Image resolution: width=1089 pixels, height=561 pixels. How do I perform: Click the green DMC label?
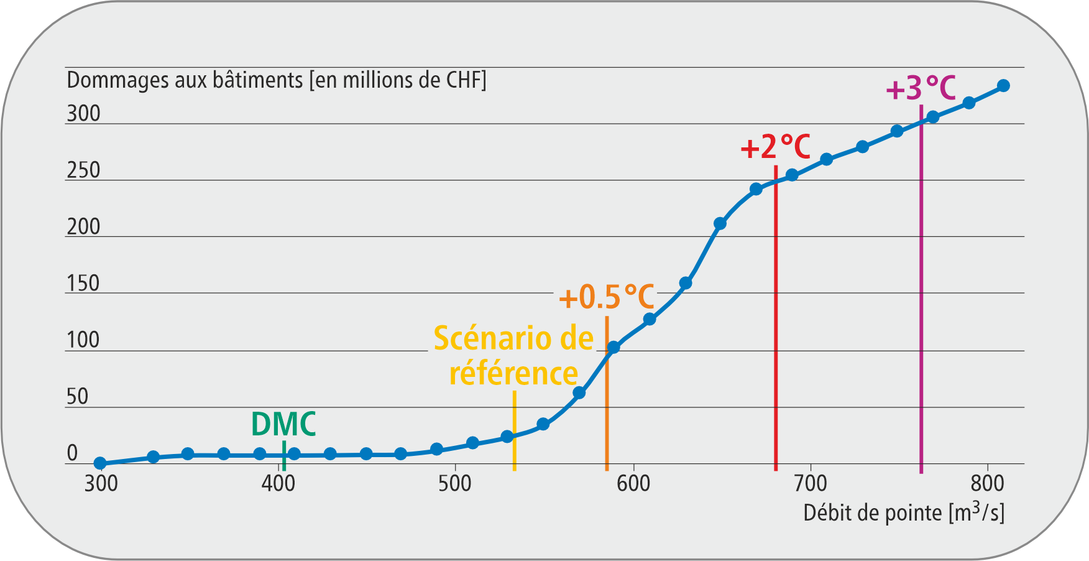(283, 424)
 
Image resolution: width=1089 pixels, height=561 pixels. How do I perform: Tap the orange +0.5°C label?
(606, 297)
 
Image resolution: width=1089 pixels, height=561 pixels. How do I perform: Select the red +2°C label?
(775, 147)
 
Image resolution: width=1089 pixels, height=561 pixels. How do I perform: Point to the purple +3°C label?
(921, 88)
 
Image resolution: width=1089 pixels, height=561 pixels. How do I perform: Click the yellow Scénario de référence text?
(513, 356)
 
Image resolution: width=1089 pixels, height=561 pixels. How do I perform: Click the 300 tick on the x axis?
(101, 483)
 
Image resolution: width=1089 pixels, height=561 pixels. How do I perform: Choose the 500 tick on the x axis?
(455, 483)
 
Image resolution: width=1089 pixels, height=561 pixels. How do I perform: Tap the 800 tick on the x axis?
(987, 483)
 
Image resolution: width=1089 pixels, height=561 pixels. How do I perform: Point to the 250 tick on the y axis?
(83, 170)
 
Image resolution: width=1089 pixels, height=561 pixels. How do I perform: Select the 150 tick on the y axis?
(83, 283)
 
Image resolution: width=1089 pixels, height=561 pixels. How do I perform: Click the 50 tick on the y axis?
(78, 396)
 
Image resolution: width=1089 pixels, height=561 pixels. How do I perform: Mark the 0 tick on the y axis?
(72, 453)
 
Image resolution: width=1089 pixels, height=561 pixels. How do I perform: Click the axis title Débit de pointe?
(903, 512)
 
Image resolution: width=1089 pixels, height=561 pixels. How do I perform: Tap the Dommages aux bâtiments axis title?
(277, 80)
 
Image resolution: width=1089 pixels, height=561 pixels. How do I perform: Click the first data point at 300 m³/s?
(100, 463)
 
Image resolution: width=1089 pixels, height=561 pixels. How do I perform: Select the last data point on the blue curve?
(1003, 86)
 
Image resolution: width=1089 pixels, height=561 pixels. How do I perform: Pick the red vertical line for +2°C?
(776, 323)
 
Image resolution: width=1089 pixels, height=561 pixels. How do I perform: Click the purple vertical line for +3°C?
(921, 292)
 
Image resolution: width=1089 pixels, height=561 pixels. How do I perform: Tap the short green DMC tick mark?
(284, 456)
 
